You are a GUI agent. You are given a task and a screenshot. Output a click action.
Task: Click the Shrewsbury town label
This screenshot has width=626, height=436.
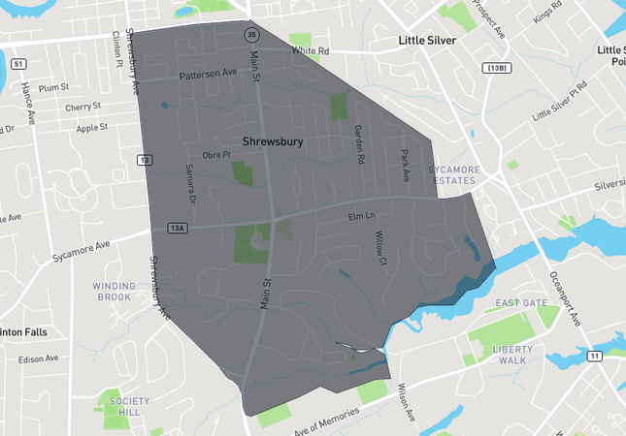(273, 141)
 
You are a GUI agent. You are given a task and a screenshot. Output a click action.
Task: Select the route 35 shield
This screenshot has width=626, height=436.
(251, 34)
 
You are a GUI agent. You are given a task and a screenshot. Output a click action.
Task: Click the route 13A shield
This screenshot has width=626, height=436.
(176, 229)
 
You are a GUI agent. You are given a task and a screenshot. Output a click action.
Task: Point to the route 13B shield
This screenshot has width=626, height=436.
(496, 67)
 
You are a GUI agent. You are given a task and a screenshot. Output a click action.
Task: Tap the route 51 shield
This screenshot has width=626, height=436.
(18, 64)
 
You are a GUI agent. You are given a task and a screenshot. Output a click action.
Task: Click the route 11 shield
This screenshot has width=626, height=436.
(594, 356)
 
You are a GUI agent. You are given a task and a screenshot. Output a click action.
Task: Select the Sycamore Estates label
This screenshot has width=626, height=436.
(454, 174)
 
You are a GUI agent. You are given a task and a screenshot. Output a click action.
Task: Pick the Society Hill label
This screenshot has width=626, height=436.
(130, 406)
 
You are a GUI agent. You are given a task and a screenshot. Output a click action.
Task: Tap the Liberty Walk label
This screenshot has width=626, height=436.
(513, 355)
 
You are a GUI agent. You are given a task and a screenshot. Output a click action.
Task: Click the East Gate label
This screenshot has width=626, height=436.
(514, 303)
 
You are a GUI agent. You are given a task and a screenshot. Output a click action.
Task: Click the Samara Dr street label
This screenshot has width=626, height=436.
(189, 181)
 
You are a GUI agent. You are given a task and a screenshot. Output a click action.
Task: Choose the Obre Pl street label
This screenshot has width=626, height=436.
(214, 154)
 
